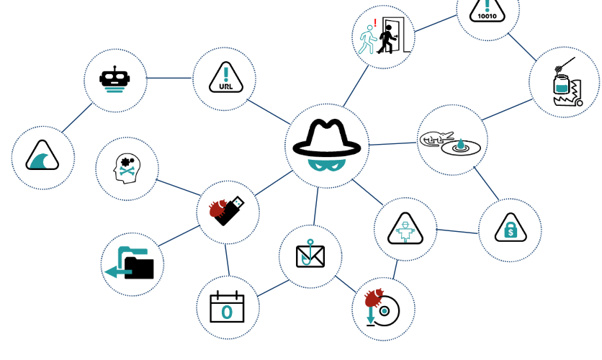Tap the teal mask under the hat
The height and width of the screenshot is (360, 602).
coord(326,163)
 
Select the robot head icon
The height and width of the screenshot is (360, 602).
coord(115,80)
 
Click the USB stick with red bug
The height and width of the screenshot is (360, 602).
coord(228,209)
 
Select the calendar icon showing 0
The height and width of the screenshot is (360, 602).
coord(228,308)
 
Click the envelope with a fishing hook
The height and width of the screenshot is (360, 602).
coord(310,254)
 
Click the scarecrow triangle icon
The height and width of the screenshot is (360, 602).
coord(405,230)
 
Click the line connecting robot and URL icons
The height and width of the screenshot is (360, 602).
coord(170,78)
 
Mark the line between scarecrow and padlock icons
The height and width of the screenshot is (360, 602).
coord(457,231)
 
